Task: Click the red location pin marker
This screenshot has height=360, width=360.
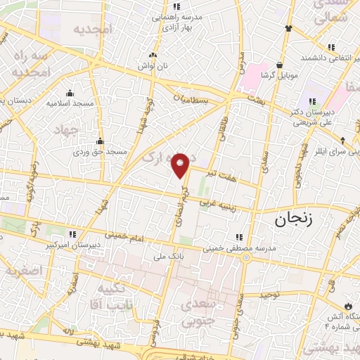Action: pos(181,164)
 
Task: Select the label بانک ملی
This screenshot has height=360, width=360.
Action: pos(166,257)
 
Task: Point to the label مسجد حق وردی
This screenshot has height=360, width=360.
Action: pos(101,150)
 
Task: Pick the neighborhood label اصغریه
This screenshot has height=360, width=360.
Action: pos(22,271)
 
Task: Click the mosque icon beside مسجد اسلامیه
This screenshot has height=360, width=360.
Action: pos(69,93)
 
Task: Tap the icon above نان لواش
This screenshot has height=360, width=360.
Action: pos(150,54)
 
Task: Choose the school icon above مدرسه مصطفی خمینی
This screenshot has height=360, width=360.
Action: pos(240,237)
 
